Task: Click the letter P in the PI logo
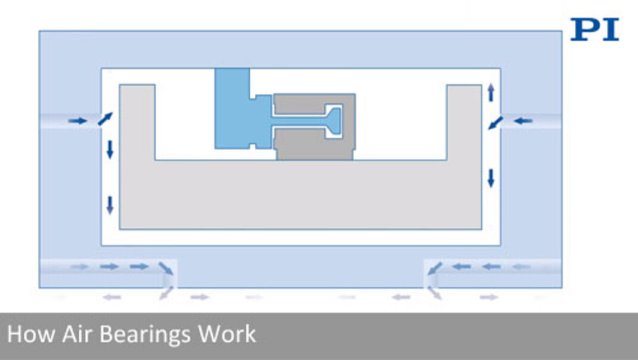(583, 29)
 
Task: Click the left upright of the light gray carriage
(137, 122)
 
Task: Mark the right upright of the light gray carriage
(464, 122)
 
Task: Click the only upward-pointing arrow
(491, 92)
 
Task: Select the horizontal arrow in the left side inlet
(78, 121)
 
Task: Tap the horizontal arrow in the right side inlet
(523, 121)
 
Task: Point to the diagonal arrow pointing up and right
(104, 118)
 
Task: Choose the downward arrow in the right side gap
(491, 178)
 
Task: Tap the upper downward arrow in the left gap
(110, 150)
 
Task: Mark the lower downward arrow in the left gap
(110, 204)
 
